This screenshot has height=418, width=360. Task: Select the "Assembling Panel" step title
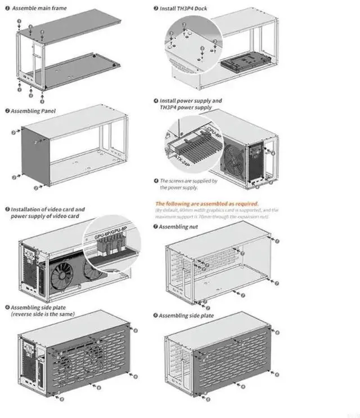click(x=31, y=111)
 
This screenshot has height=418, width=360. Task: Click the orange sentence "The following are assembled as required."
click(x=207, y=203)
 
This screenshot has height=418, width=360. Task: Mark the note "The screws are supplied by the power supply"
click(x=188, y=184)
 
